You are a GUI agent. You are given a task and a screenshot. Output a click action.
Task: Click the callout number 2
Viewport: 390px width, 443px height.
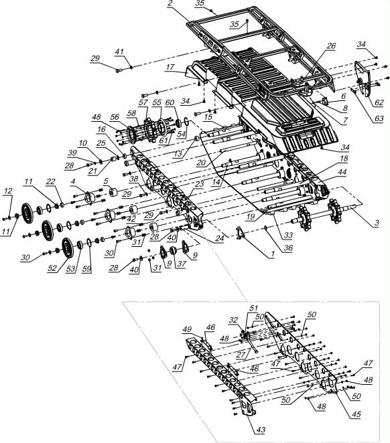170,3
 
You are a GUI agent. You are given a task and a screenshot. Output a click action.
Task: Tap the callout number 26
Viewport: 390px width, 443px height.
331,46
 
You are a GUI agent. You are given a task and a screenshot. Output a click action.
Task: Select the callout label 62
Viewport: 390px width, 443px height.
379,102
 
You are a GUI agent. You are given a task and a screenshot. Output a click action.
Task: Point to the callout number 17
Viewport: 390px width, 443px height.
170,67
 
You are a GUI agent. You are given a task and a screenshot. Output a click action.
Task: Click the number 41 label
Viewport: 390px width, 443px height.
119,52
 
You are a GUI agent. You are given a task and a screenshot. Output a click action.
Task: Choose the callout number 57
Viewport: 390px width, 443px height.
143,102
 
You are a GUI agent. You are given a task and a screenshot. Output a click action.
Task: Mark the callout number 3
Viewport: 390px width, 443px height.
377,223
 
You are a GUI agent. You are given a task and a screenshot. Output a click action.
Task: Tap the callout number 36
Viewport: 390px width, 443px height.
288,248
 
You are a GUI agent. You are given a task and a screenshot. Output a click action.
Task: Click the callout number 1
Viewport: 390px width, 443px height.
273,254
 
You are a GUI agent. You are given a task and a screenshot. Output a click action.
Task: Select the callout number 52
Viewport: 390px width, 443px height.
52,268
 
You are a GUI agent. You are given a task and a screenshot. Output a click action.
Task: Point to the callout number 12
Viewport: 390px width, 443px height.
8,191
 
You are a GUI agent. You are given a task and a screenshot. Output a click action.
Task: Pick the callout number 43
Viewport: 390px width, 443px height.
261,430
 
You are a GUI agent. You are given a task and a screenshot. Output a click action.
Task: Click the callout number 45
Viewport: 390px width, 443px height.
356,414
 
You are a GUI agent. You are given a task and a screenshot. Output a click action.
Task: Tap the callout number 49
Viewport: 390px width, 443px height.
187,329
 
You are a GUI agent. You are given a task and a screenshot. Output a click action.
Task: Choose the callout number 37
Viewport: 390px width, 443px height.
182,264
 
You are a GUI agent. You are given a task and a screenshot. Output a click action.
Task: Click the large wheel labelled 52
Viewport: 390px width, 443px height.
68,248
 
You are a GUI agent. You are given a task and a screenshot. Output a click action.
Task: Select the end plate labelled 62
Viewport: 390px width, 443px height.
362,78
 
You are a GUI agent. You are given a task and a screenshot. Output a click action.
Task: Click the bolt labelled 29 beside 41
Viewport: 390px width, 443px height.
118,70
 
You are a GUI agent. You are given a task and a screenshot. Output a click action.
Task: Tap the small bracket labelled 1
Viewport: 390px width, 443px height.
240,233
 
